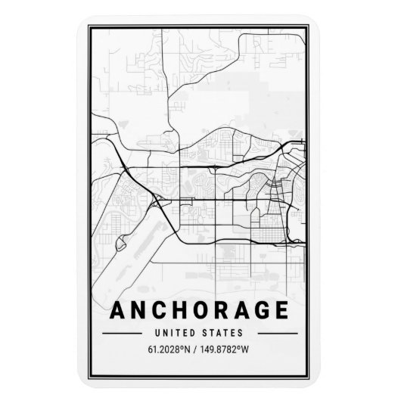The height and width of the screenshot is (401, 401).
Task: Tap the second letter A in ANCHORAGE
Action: (248, 312)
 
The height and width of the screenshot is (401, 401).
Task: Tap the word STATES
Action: (225, 332)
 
